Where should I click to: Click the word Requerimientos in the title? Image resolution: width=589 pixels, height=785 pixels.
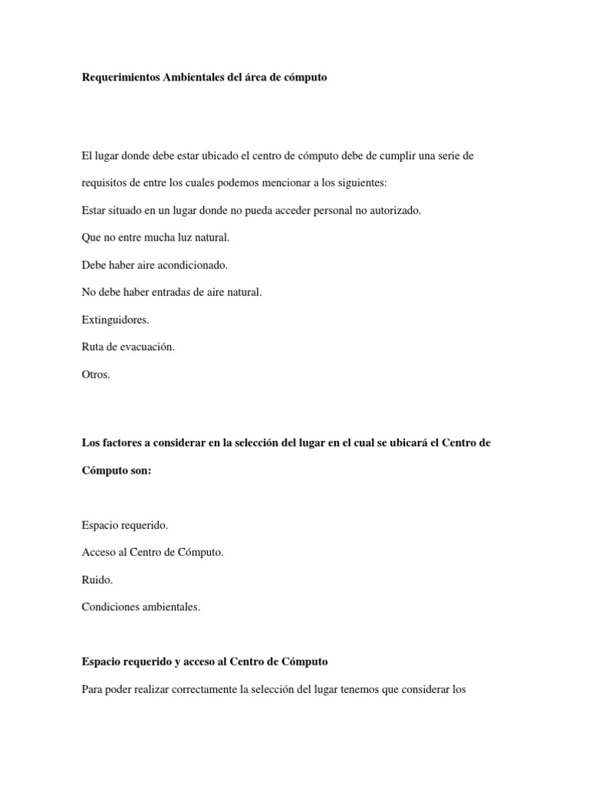[x=121, y=78]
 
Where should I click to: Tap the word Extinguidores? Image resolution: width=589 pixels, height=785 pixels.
[x=115, y=320]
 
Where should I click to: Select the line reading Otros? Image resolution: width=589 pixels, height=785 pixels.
[x=96, y=375]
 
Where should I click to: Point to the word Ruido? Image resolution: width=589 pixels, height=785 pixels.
[x=97, y=580]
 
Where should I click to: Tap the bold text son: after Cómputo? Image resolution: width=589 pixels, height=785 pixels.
[x=140, y=471]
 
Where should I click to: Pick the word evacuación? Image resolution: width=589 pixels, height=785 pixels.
[x=146, y=347]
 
